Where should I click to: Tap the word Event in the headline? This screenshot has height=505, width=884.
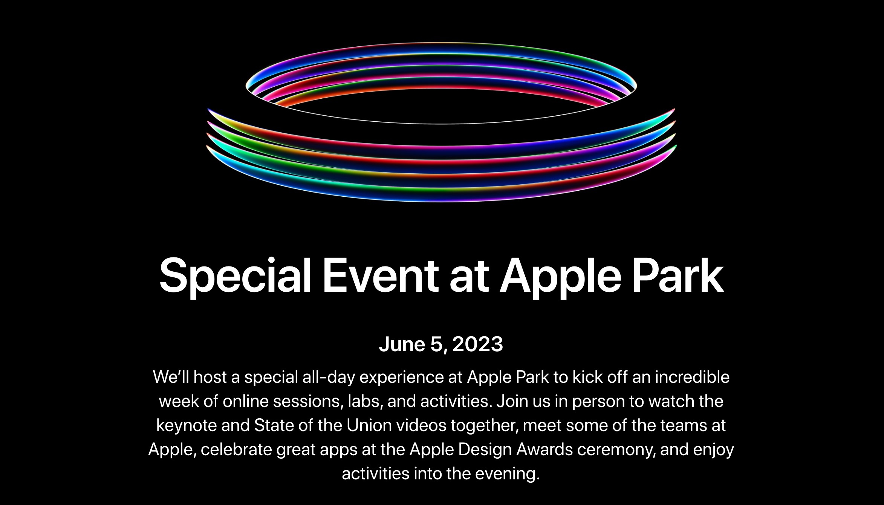(380, 275)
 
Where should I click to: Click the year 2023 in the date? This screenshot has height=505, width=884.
(477, 344)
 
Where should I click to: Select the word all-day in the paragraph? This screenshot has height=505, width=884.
(329, 377)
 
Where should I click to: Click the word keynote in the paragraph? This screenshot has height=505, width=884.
(186, 425)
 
